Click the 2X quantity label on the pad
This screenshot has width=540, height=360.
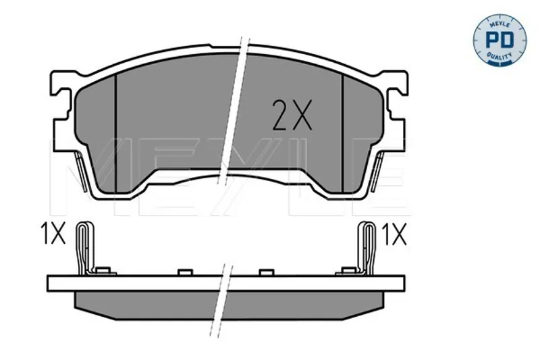292,115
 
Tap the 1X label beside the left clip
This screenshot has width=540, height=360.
53,233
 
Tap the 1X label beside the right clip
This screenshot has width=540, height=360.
396,234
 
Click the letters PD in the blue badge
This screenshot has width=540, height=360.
500,40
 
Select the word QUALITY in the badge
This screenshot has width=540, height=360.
499,56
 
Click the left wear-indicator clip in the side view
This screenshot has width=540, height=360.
84,247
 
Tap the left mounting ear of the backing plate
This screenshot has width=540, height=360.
62,110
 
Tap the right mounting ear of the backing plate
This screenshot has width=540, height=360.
396,110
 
